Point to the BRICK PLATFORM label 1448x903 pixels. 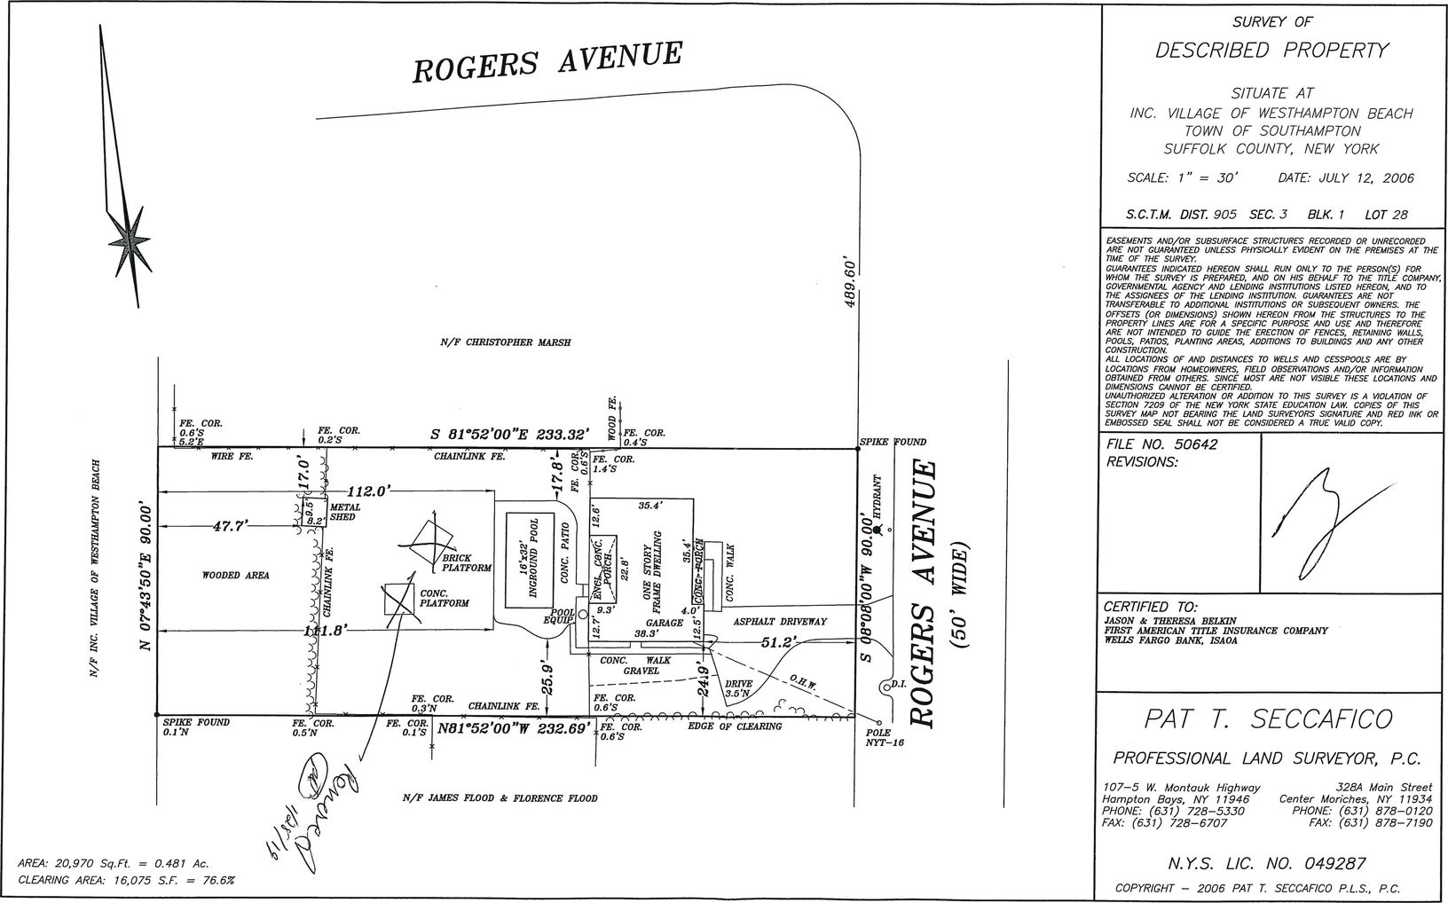[468, 563]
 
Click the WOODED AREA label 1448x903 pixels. [235, 576]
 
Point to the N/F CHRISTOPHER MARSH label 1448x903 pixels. [506, 342]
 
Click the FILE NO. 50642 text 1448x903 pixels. [1162, 444]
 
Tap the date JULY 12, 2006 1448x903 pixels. [1346, 178]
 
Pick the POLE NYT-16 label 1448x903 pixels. [885, 738]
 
